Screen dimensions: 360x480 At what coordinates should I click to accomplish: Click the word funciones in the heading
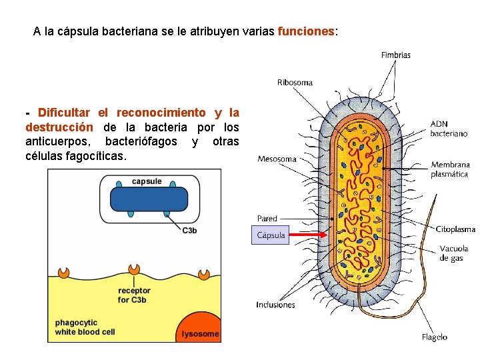[306, 31]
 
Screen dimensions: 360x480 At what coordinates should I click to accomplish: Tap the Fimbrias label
[395, 55]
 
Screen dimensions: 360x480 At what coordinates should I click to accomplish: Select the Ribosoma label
[295, 83]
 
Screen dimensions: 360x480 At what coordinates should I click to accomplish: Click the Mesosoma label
[277, 159]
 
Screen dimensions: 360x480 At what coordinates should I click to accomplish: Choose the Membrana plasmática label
[450, 169]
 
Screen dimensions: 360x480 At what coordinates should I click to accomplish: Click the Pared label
[267, 219]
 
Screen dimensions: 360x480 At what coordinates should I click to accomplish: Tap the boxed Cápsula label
[271, 235]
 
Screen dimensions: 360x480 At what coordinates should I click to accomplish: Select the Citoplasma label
[455, 229]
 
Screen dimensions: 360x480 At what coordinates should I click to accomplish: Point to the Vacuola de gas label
[453, 253]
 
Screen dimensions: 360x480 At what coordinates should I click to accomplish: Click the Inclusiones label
[275, 305]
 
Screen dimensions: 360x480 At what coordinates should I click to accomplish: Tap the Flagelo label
[434, 337]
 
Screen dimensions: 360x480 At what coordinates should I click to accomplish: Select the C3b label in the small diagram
[189, 231]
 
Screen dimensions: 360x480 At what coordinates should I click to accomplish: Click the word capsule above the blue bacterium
[147, 181]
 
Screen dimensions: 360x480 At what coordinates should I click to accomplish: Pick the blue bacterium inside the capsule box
[149, 200]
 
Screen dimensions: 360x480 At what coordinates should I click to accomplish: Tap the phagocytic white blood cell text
[85, 327]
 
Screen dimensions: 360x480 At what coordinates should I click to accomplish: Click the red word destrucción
[59, 127]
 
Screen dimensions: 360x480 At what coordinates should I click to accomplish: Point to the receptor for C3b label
[134, 295]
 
